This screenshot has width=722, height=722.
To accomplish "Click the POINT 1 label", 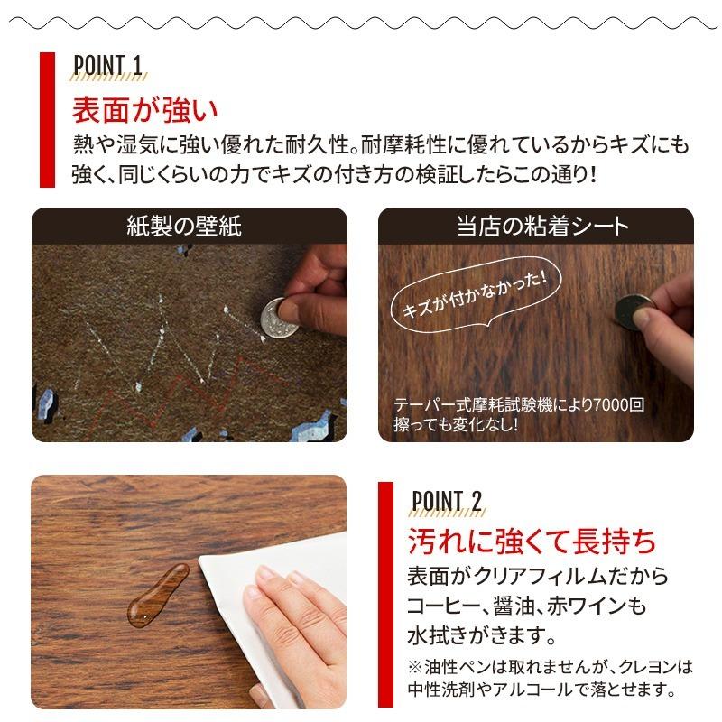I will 107,64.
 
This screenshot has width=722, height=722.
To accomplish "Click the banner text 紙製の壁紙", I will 184,226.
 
